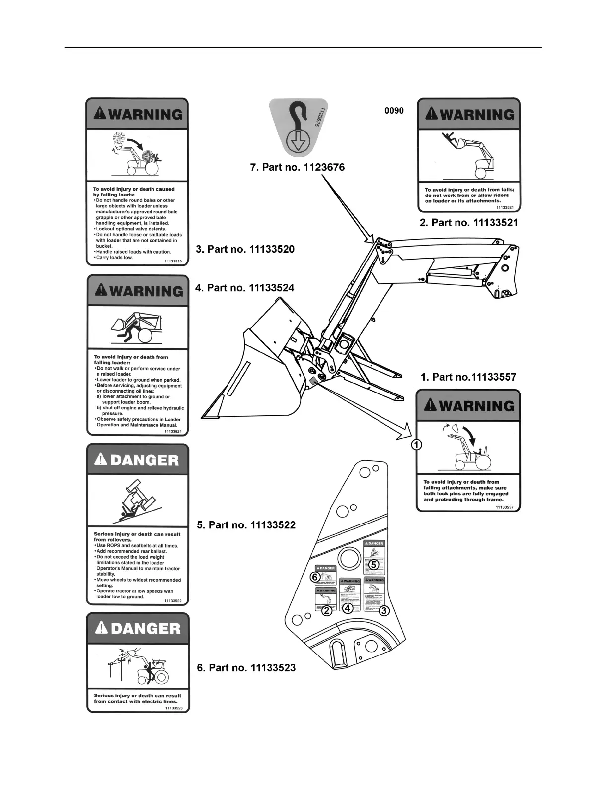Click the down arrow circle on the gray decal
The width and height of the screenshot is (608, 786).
coord(298,142)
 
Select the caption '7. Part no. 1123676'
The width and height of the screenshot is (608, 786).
coord(297,168)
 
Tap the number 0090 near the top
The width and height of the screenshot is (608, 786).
coord(394,111)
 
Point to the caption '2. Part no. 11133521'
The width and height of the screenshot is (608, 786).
coord(468,223)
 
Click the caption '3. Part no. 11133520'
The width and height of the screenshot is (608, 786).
coord(245,249)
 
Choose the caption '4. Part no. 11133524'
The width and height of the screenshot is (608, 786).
coord(245,288)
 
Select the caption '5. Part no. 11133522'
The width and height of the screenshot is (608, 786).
coord(246,525)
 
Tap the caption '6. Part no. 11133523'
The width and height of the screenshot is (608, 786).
coord(246,668)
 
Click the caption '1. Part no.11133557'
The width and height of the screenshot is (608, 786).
coord(468,377)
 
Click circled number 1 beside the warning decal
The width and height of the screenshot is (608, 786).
coord(417,445)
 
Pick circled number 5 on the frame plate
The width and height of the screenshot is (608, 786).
coord(374,564)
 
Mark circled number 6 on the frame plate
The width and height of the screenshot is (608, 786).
coord(314,577)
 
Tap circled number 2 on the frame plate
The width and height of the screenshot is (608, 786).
coord(327,611)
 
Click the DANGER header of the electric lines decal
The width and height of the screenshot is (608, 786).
coord(138,629)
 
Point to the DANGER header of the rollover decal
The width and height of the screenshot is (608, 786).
coord(138,460)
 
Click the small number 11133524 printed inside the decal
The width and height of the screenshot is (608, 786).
coord(173,432)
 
